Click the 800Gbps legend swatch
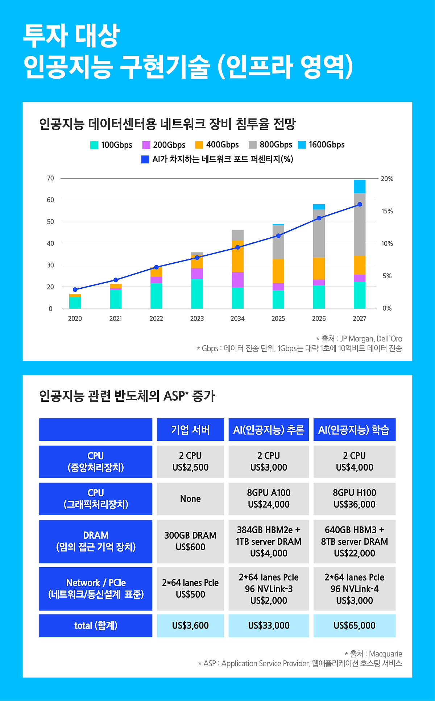pyautogui.click(x=253, y=145)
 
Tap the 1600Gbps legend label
pyautogui.click(x=327, y=145)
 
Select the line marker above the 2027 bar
pyautogui.click(x=360, y=204)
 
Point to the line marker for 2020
pyautogui.click(x=75, y=289)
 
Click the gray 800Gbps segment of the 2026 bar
pyautogui.click(x=319, y=233)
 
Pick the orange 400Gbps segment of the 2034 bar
pyautogui.click(x=238, y=256)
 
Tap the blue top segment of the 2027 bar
pyautogui.click(x=360, y=186)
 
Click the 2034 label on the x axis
pyautogui.click(x=237, y=318)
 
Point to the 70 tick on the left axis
pyautogui.click(x=50, y=178)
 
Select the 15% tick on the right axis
pyautogui.click(x=387, y=211)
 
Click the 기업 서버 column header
pyautogui.click(x=190, y=430)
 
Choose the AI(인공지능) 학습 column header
pyautogui.click(x=354, y=430)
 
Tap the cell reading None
pyautogui.click(x=190, y=499)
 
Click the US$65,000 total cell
pyautogui.click(x=354, y=626)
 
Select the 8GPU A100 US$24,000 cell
pyautogui.click(x=269, y=499)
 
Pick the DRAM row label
pyautogui.click(x=96, y=541)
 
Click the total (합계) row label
pyautogui.click(x=96, y=626)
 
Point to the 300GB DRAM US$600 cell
pyautogui.click(x=190, y=541)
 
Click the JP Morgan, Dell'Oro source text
pyautogui.click(x=371, y=339)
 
